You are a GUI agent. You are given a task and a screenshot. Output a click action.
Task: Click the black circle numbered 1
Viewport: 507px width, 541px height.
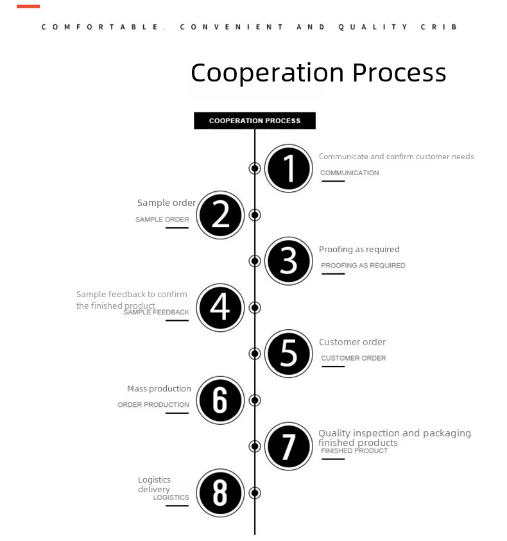(x=289, y=168)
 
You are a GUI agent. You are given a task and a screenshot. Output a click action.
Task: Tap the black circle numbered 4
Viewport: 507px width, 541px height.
(x=220, y=307)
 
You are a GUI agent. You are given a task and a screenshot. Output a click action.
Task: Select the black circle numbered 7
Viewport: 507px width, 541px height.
(x=289, y=446)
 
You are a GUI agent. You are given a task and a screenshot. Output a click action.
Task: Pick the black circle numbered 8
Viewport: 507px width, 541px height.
(x=220, y=493)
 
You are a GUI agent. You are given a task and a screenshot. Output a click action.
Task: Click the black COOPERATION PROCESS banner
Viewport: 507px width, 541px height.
(x=255, y=121)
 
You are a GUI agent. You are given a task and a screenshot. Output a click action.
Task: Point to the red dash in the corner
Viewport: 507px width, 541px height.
(x=28, y=6)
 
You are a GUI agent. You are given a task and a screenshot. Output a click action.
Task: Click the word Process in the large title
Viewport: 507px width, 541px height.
(x=399, y=73)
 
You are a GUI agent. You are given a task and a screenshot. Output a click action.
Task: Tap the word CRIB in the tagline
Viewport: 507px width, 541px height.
(x=439, y=27)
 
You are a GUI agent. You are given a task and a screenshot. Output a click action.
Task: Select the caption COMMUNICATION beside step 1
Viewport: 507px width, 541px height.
(x=349, y=173)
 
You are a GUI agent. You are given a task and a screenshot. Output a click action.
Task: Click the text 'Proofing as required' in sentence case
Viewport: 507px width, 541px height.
(x=359, y=250)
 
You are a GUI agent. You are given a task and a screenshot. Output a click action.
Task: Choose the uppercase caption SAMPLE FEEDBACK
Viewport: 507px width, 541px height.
(x=157, y=313)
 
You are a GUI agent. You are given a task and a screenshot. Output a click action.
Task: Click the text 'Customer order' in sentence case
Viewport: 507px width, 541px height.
(x=352, y=342)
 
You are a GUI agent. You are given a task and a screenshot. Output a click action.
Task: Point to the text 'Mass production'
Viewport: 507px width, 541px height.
(x=159, y=389)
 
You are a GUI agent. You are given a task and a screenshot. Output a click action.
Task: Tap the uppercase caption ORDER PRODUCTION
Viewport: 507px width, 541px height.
(x=153, y=405)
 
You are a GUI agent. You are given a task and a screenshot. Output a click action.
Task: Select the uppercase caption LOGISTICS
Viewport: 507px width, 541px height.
(x=171, y=497)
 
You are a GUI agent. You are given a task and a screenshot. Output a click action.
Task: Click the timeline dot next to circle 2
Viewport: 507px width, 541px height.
(x=255, y=215)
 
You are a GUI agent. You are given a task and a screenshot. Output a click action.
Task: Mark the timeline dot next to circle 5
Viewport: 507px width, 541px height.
(x=255, y=354)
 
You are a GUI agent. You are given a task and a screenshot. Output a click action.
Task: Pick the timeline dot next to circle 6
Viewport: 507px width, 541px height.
(x=255, y=400)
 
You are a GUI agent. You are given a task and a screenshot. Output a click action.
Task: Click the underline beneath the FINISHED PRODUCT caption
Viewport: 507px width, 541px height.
(x=333, y=459)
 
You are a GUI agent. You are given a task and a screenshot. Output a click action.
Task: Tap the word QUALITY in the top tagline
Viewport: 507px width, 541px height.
(x=373, y=27)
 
